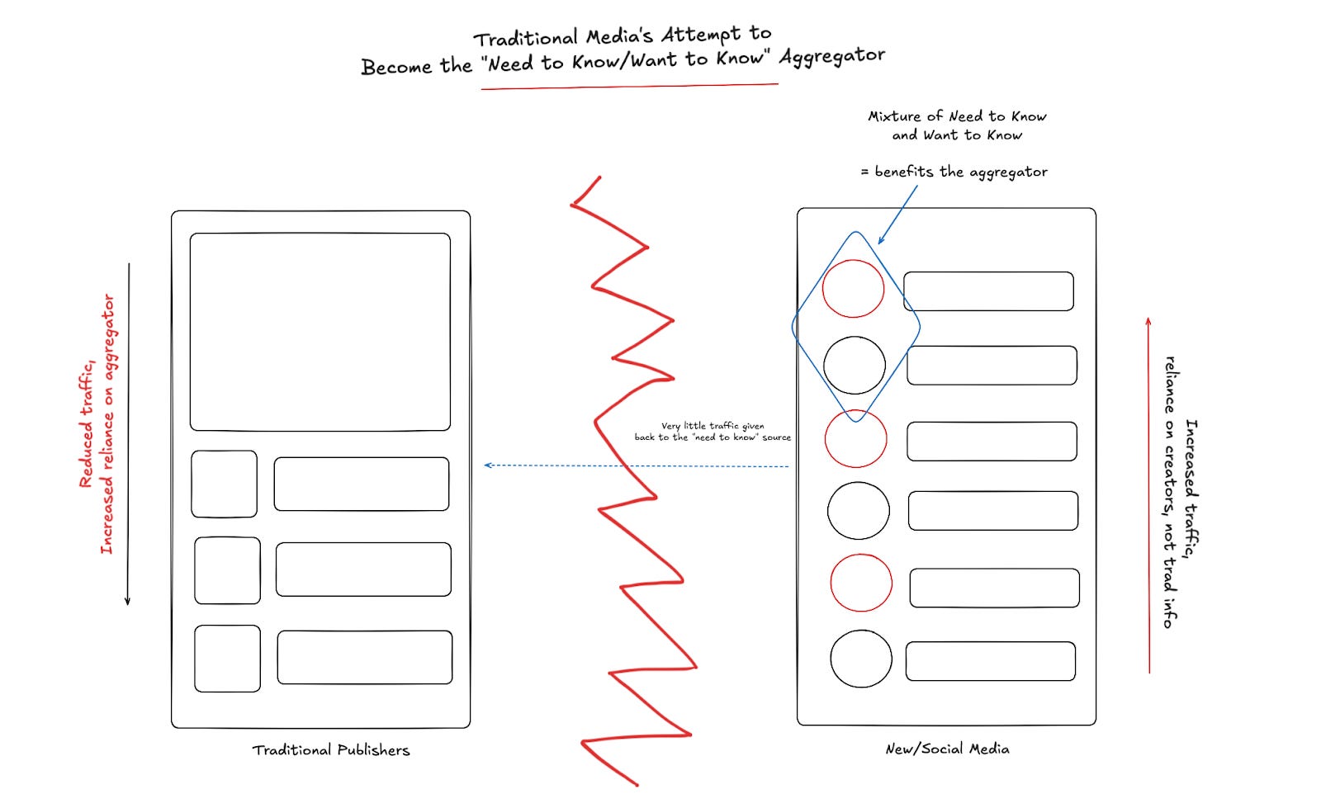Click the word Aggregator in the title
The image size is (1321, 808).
[832, 57]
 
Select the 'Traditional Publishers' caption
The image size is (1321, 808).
[331, 749]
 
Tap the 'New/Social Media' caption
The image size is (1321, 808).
[947, 749]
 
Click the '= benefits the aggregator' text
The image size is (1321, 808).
[954, 172]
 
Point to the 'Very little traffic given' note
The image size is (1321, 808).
[713, 426]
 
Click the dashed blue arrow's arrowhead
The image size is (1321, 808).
[487, 465]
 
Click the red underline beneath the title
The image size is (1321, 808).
[629, 87]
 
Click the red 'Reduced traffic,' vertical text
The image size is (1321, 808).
[87, 422]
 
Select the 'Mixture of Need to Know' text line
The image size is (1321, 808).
[957, 116]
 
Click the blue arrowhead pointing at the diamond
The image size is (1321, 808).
[880, 240]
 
